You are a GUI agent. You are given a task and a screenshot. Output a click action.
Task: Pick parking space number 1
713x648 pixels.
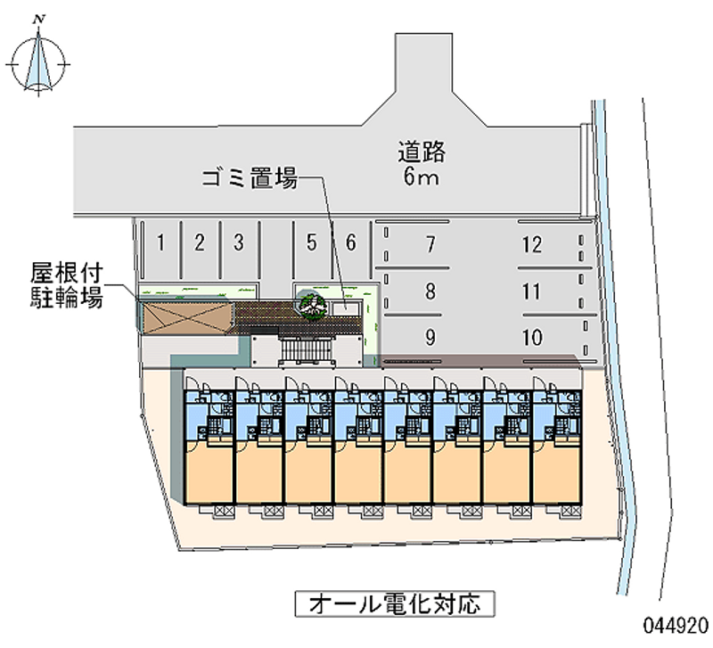point(160,241)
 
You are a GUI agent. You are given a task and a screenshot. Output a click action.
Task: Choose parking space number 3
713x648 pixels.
point(238,241)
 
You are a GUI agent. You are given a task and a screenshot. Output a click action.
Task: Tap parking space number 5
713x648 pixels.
point(310,241)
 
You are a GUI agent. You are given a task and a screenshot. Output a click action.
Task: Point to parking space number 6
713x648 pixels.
point(351,241)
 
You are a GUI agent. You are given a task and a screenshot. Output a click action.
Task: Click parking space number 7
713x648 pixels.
point(430,243)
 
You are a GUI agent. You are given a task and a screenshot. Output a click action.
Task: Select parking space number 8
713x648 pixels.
point(430,291)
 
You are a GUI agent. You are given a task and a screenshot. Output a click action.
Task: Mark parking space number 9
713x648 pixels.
point(430,337)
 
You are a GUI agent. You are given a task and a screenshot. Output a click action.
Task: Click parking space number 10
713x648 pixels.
point(532,337)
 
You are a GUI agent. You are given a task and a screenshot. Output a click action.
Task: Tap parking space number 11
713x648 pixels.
point(532,291)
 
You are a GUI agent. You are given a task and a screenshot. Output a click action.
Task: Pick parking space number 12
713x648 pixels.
point(532,243)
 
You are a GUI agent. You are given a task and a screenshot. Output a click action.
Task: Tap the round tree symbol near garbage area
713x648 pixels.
point(313,305)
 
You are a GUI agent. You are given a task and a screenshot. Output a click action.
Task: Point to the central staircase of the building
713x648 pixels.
point(307,351)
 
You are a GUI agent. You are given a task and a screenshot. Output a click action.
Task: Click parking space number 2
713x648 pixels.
point(201,241)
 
